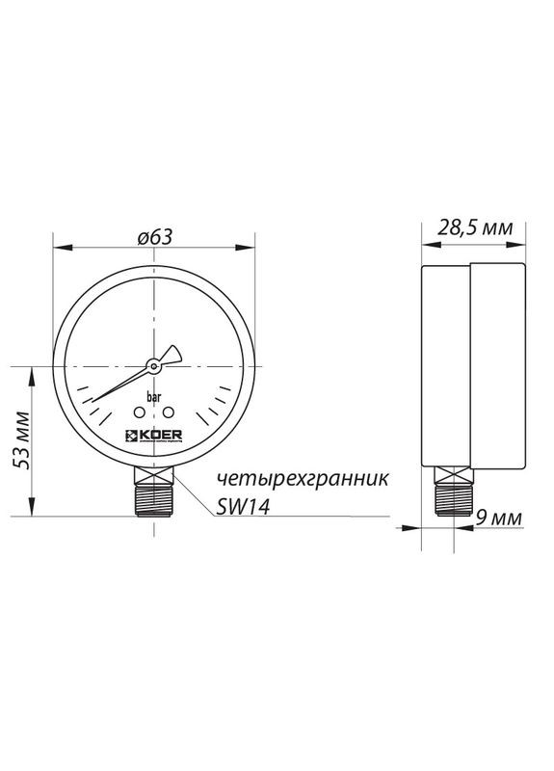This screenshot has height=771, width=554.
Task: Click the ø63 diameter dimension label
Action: point(154,235)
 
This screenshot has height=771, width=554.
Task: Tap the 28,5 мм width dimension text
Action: point(475,228)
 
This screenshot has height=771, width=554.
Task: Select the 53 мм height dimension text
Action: point(22,445)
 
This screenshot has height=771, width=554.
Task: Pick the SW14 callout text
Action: point(241,509)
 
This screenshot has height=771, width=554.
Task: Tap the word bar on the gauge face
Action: point(153,396)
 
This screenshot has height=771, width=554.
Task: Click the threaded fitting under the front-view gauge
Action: point(152,497)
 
